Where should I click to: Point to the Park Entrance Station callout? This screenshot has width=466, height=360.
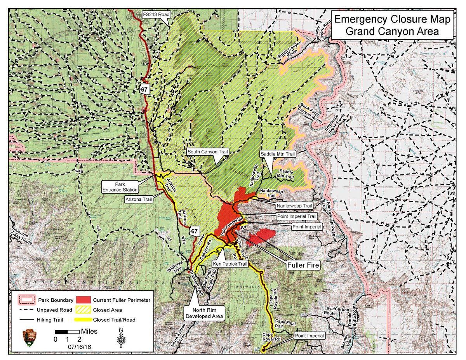pos(120,186)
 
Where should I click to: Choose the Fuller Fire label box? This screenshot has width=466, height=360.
pos(303,266)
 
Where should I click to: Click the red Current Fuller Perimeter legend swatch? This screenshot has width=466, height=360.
pos(84,300)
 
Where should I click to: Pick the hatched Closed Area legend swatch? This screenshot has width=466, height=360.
pos(84,310)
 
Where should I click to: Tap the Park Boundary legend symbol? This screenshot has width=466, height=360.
pos(27,300)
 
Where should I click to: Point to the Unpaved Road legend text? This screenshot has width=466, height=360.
pos(56,310)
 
